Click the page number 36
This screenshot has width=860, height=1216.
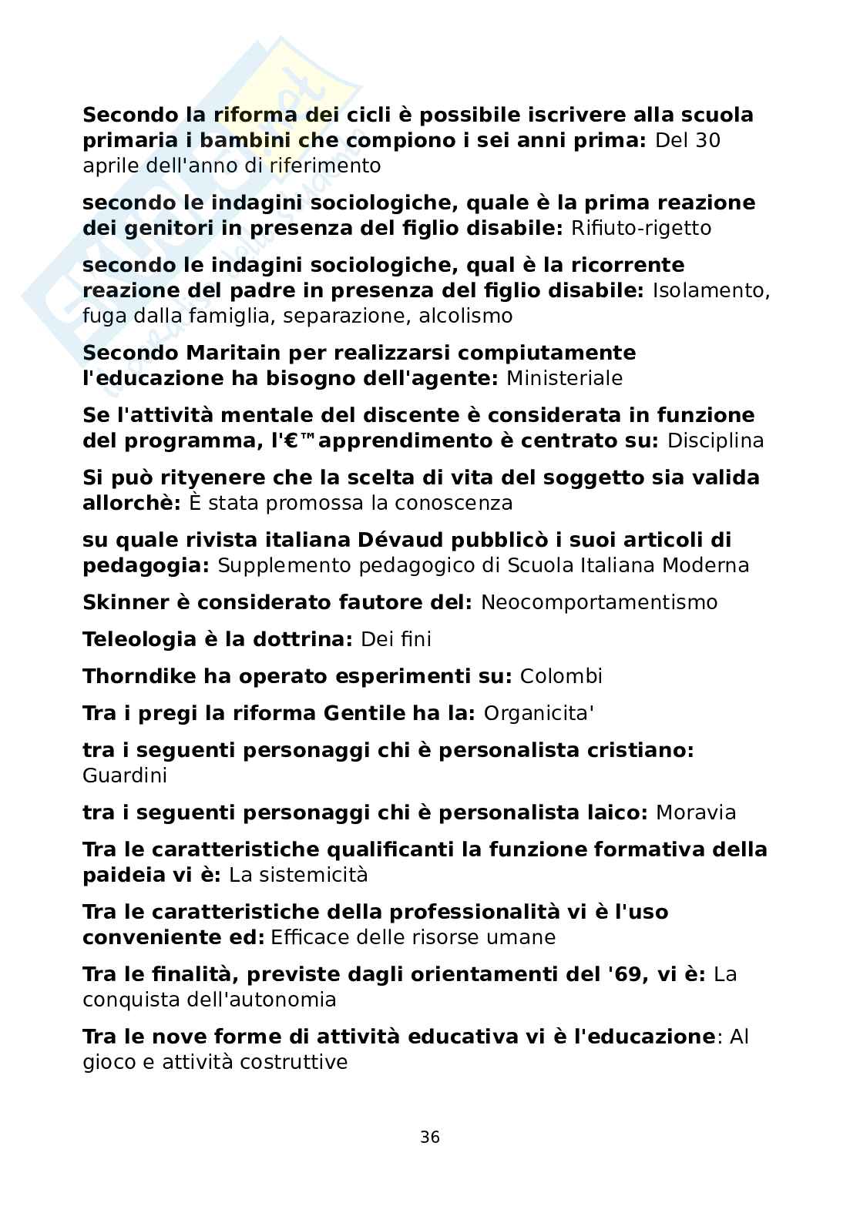430,1137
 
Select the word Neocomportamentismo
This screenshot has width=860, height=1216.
599,602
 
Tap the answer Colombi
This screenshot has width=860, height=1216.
561,676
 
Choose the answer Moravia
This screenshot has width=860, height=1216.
695,812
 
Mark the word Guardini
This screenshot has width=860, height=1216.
125,775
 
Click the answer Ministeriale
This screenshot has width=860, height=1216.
565,379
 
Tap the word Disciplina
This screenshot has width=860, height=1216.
715,441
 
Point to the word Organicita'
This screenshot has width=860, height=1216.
539,713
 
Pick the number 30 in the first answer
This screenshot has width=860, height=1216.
707,141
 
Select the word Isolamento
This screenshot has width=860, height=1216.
711,291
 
